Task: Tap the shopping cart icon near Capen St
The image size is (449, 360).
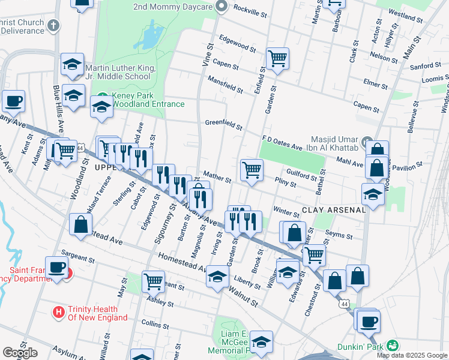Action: click(x=277, y=59)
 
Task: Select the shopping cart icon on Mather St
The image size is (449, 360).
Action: click(x=252, y=170)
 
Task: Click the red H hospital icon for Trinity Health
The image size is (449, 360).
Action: click(x=58, y=312)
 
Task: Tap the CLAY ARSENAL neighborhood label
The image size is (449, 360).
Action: click(x=333, y=210)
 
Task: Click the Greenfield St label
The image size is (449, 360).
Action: click(x=223, y=125)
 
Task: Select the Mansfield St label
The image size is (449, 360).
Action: click(x=224, y=85)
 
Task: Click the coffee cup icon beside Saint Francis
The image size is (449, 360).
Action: click(x=57, y=268)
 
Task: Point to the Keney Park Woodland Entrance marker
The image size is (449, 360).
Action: click(x=103, y=97)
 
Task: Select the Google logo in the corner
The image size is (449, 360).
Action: click(x=20, y=353)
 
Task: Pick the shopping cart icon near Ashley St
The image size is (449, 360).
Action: click(x=153, y=281)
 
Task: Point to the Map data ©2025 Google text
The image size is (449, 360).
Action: click(x=412, y=355)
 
